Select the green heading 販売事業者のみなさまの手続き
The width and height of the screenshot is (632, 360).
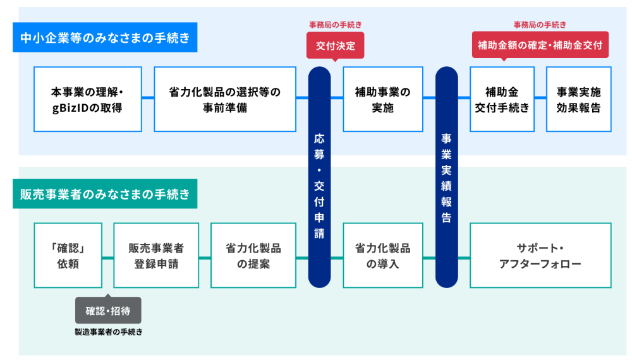point(105,194)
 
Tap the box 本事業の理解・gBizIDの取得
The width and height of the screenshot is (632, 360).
point(87,99)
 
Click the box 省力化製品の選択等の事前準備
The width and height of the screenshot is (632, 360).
point(225,99)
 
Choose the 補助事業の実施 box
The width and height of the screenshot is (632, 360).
point(382,99)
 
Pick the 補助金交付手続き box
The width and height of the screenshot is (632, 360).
point(502,99)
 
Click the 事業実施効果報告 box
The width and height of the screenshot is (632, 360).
point(578,99)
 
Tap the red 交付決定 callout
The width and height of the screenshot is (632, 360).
point(336,45)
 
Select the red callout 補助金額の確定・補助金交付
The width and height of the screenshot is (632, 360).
point(540,45)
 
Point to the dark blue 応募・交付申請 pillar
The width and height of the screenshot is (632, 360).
point(319,177)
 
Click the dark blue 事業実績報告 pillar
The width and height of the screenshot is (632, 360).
point(446,177)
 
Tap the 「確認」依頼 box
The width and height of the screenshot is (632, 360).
point(68,255)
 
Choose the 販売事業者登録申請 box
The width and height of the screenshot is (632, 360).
point(156,255)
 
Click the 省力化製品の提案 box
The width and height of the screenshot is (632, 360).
point(253,255)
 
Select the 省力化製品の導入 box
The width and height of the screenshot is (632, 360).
point(382,255)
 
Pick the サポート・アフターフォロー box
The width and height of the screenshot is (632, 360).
point(540,255)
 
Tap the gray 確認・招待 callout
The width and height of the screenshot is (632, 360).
point(108,311)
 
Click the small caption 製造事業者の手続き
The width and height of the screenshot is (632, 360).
point(108,332)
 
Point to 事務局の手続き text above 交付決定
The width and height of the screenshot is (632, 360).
point(336,25)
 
